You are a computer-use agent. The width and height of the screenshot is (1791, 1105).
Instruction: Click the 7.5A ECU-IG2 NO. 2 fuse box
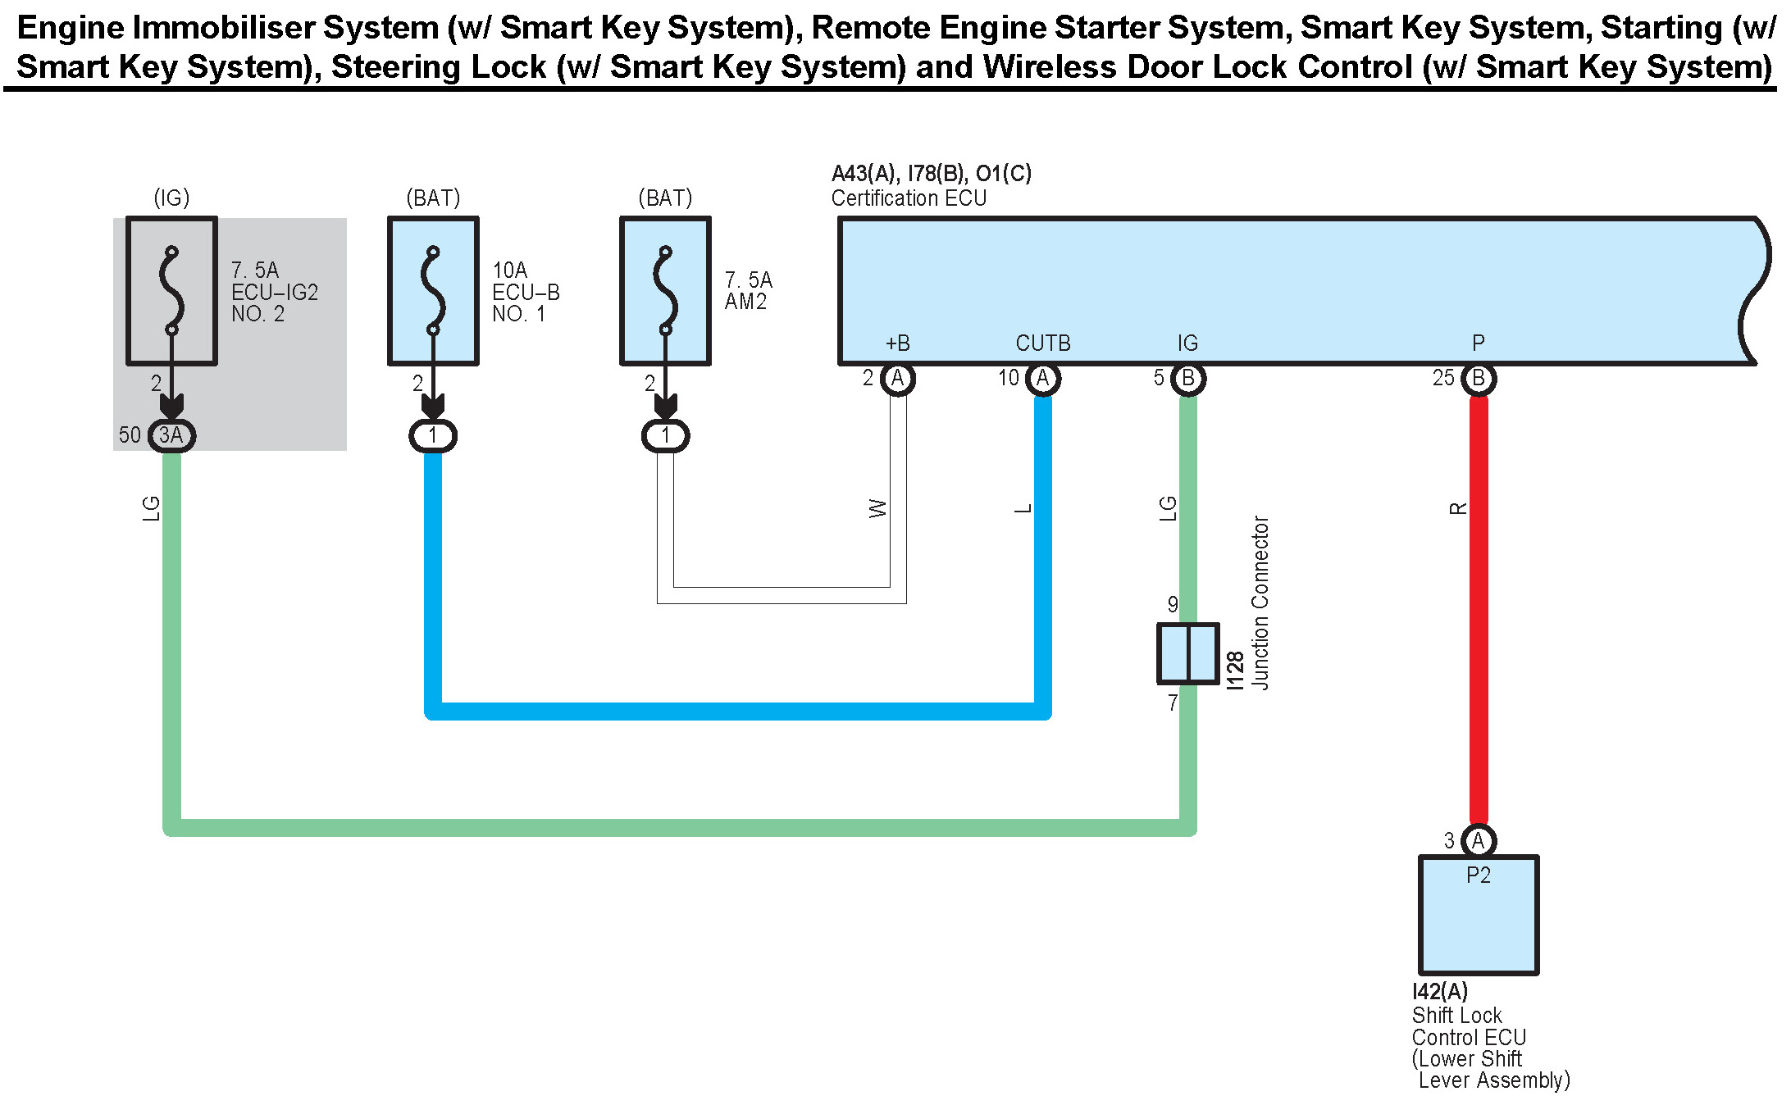[171, 291]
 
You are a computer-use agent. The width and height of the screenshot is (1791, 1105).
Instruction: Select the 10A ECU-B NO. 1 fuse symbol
[433, 291]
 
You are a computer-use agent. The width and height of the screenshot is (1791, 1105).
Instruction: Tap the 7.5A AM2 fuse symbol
[665, 291]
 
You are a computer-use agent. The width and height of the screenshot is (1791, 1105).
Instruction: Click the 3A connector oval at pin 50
[171, 435]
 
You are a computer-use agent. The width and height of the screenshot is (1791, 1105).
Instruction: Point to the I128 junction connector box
[1187, 653]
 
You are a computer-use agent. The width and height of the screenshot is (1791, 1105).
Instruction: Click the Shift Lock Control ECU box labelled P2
[1478, 915]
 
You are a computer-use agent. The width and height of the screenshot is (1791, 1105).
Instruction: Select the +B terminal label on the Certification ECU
[898, 343]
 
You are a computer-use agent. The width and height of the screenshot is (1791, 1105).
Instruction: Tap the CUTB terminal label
[1043, 343]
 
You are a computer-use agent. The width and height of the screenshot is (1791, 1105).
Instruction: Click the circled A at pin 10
[1043, 379]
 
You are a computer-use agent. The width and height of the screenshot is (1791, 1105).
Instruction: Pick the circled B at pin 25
[1479, 379]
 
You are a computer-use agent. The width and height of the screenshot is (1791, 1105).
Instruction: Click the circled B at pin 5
[1187, 379]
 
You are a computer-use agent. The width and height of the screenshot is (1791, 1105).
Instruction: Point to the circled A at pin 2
[898, 379]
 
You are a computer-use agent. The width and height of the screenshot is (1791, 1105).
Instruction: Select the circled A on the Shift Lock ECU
[1478, 841]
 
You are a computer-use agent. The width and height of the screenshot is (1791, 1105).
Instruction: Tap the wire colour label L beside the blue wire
[1023, 509]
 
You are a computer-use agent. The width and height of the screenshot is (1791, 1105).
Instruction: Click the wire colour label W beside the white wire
[877, 508]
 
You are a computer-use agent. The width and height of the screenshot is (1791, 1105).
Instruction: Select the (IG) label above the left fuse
[171, 198]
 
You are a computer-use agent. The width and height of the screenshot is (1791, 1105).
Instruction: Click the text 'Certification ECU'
[909, 198]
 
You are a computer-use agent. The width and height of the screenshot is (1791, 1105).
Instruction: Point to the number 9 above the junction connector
[1173, 604]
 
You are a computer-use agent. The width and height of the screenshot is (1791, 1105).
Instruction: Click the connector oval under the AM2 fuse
[665, 435]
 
